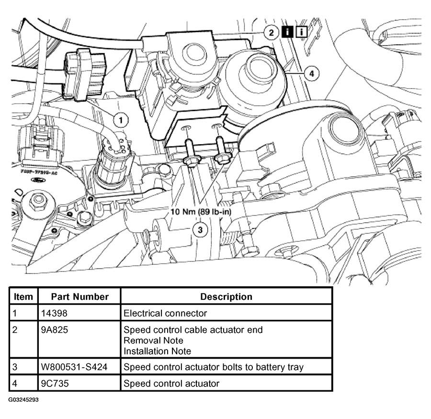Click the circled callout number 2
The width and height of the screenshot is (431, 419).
(272, 33)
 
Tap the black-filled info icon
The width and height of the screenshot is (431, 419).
(287, 33)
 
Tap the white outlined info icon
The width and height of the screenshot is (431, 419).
(302, 33)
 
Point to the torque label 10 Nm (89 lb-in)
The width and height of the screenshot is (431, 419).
(201, 211)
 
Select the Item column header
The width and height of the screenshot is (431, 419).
(23, 296)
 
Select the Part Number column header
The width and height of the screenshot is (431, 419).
(80, 296)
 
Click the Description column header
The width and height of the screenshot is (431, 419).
(226, 296)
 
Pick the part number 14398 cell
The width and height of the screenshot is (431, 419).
(54, 313)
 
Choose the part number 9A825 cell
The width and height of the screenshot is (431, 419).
(54, 330)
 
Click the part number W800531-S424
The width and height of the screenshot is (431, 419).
(73, 367)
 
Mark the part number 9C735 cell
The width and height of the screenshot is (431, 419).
(54, 383)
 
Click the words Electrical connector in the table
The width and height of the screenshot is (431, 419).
(165, 313)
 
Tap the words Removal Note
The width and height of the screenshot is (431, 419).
(153, 340)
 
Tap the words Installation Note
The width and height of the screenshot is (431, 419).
(157, 351)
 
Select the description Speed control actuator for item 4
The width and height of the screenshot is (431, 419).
(171, 383)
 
